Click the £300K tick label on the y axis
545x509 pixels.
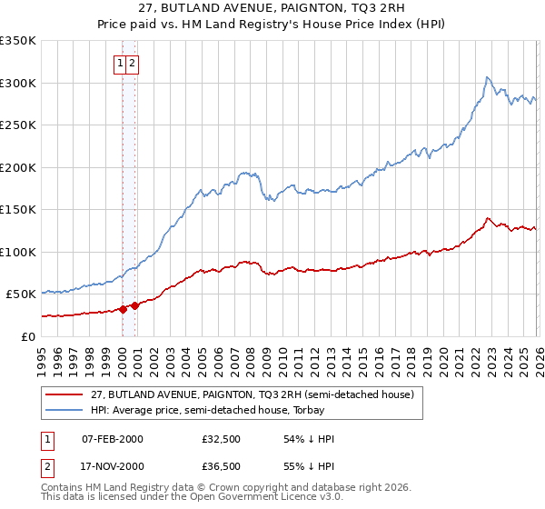[x=18, y=83]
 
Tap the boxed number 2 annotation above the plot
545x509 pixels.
[x=133, y=63]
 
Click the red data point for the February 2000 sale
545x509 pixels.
[x=123, y=309]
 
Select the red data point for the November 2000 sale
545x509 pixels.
[x=135, y=305]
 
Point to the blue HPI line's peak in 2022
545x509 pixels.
[x=488, y=77]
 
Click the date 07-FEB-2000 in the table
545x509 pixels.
[x=112, y=439]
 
